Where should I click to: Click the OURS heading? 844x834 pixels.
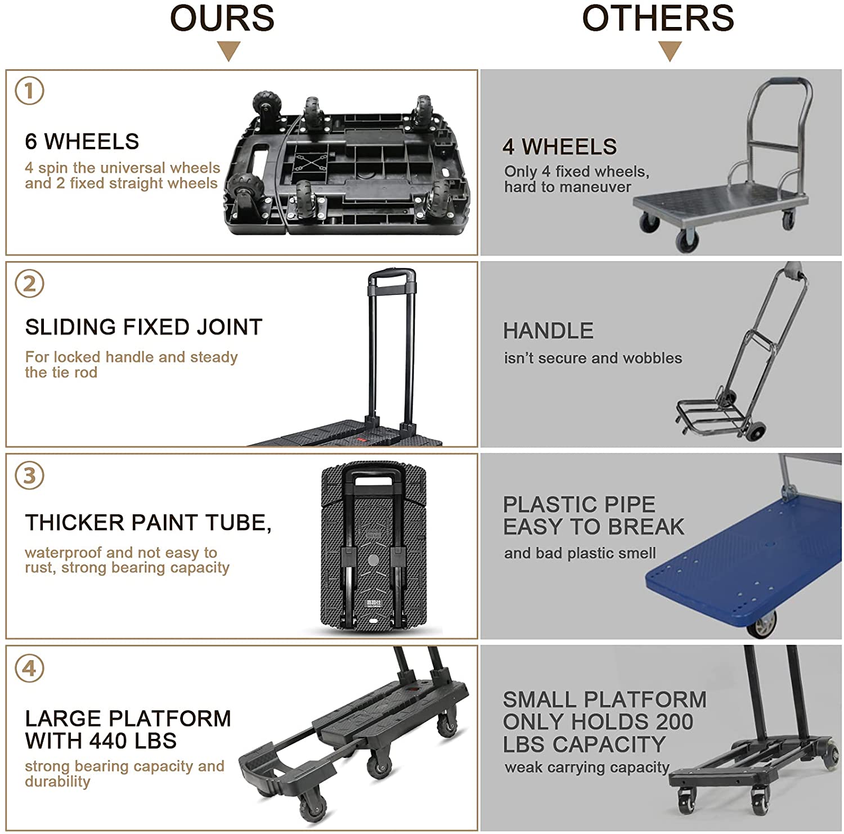[222, 18]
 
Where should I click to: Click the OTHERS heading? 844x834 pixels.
[658, 18]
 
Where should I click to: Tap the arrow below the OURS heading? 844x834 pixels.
[228, 51]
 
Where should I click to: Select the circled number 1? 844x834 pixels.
[29, 91]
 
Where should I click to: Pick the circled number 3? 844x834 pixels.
[29, 476]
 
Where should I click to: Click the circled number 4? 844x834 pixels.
[29, 669]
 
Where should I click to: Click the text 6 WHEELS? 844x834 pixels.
[82, 142]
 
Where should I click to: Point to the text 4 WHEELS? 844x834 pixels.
[560, 147]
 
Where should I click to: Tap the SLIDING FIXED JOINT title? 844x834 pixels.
[143, 327]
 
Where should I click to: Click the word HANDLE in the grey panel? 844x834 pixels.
[548, 331]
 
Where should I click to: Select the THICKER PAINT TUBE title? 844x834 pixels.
[148, 523]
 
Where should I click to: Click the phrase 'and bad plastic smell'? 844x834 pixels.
[580, 553]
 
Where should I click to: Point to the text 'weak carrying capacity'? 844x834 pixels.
[587, 767]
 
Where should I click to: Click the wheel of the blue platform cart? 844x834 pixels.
[764, 626]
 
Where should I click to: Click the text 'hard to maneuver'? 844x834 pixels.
[567, 187]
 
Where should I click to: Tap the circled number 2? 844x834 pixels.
[29, 284]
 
